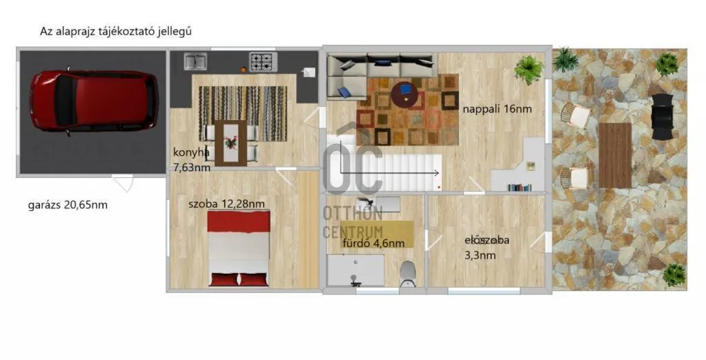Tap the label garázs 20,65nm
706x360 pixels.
68,205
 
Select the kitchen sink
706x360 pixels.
195,61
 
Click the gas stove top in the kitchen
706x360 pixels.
262,62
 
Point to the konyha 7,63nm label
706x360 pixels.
192,159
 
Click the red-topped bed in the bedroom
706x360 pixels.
239,248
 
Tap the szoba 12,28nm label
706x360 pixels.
226,203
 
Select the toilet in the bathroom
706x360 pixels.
407,272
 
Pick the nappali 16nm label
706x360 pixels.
497,108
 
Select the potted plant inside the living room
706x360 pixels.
528,68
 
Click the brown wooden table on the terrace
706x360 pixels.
615,155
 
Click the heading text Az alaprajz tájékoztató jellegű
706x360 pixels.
115,32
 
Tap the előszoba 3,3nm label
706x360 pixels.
486,247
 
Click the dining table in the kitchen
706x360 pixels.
231,143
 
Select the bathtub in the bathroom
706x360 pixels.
356,270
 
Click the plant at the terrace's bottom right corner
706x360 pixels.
674,275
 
